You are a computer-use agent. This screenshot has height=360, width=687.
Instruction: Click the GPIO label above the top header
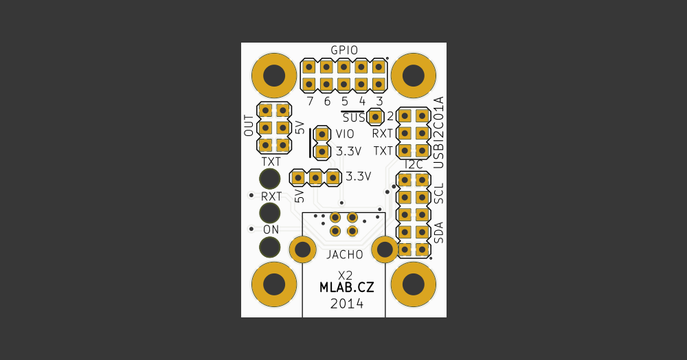(x=343, y=50)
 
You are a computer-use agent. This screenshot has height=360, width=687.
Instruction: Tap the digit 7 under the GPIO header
(x=310, y=101)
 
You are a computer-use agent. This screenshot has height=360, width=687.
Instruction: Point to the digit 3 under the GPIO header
(x=379, y=101)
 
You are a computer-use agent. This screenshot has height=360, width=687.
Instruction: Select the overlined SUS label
(x=354, y=117)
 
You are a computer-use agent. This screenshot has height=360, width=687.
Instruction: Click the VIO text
(x=346, y=134)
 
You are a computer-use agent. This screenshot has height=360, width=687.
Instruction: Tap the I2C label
(x=414, y=165)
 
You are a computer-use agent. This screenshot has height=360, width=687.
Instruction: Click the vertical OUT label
(x=249, y=126)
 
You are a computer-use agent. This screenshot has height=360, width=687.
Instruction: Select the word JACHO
(x=345, y=254)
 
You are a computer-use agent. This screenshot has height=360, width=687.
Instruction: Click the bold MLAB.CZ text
(x=347, y=288)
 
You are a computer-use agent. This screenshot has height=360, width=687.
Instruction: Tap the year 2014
(x=347, y=304)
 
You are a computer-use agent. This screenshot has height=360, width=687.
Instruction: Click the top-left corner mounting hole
(x=275, y=75)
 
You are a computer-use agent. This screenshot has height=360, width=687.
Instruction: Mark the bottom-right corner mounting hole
(x=413, y=284)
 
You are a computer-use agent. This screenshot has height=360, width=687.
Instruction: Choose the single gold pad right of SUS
(x=375, y=116)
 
